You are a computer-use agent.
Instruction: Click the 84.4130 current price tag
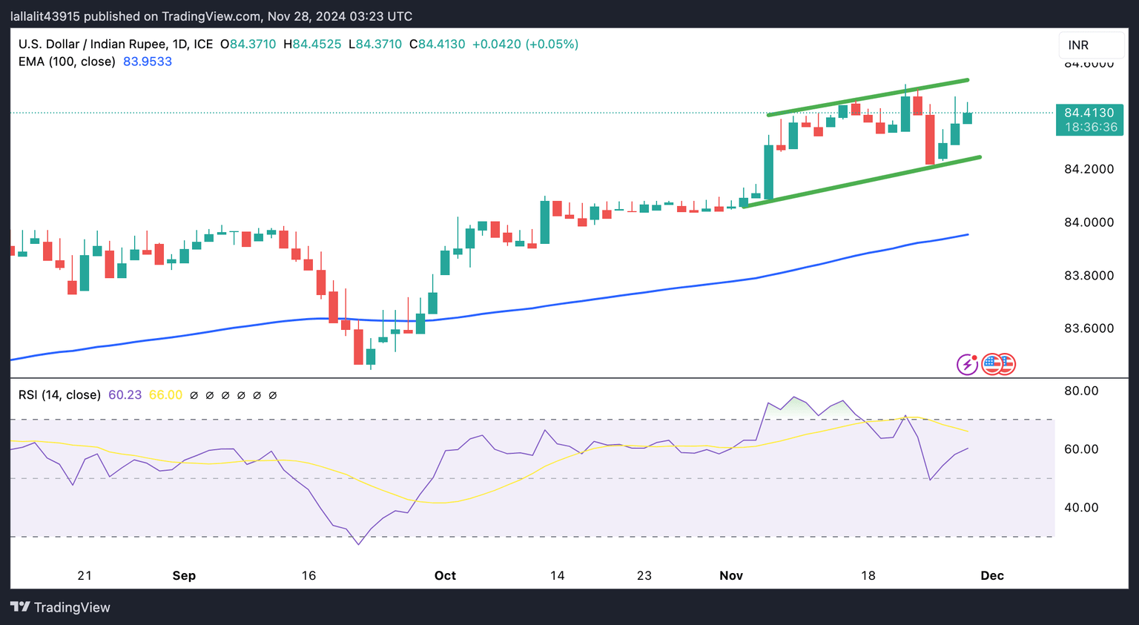coord(1089,113)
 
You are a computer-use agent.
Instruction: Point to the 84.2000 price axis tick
coord(1089,169)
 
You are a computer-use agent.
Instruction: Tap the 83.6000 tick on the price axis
coord(1089,328)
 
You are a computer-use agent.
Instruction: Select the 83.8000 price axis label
coord(1089,276)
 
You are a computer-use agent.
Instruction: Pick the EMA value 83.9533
coord(148,62)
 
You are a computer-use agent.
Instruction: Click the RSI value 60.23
coord(125,395)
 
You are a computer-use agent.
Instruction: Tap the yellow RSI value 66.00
coord(165,395)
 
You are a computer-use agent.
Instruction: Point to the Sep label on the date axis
coord(184,576)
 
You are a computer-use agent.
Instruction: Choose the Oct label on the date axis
coord(445,576)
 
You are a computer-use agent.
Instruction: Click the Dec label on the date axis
coord(992,576)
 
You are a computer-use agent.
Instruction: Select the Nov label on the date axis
coord(731,576)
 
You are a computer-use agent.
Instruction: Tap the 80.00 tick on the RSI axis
coord(1081,391)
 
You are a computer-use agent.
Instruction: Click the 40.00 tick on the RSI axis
coord(1081,508)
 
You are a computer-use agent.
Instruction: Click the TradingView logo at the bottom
coord(61,607)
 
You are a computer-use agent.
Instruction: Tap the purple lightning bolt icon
coord(967,364)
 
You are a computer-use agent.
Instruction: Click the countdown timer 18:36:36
coord(1090,128)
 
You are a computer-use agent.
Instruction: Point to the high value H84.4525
coord(312,44)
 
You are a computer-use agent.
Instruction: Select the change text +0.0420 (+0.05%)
coord(525,44)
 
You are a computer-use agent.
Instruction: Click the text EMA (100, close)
coord(67,62)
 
